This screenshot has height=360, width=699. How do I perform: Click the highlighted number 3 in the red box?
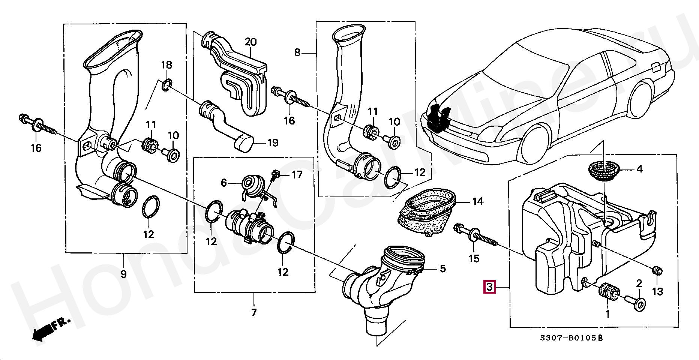[490, 287]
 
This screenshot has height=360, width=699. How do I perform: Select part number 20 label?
[250, 42]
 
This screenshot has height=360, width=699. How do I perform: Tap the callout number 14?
[478, 202]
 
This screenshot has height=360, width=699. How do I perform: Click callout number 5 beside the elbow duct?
[443, 268]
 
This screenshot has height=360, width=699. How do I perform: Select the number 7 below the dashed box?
[254, 312]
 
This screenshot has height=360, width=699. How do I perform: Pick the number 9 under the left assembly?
[124, 274]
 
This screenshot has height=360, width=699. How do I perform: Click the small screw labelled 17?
[276, 175]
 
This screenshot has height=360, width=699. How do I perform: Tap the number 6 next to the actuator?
[224, 183]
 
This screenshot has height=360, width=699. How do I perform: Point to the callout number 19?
[273, 142]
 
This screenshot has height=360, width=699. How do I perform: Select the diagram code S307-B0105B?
[571, 338]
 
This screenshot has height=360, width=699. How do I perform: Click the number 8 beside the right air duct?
[297, 52]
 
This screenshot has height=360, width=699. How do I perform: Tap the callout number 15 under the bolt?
[474, 258]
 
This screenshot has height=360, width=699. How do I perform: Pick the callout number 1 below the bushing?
[607, 314]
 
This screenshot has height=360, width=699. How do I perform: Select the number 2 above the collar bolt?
[639, 284]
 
